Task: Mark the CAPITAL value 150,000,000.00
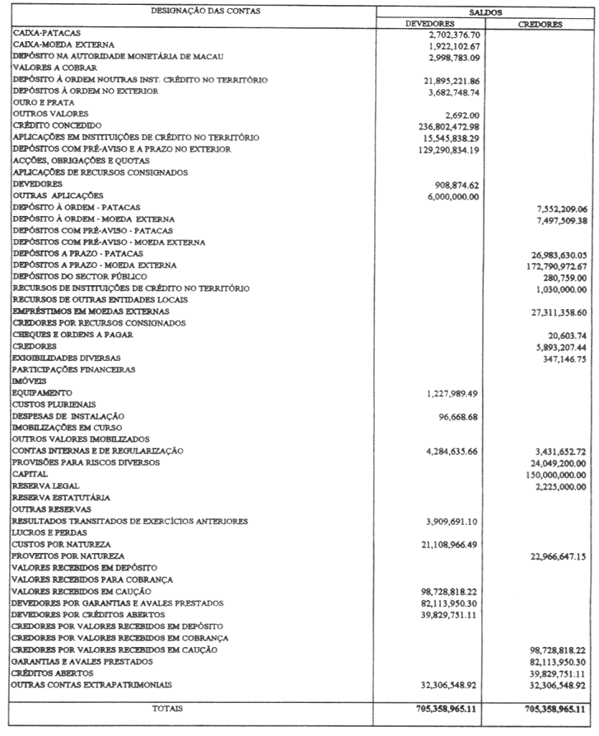pos(547,475)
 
